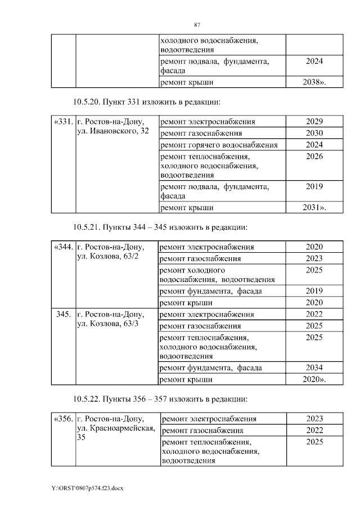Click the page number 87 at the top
(197, 25)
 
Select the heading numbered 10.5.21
(160, 227)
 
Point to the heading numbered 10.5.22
(160, 399)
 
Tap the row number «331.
(64, 122)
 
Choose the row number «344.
(64, 247)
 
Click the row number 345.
(64, 314)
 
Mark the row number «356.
(64, 419)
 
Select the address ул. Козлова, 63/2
(107, 257)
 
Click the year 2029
(314, 122)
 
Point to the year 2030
(314, 133)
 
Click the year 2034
(314, 368)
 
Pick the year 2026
(314, 156)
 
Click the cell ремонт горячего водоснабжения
(219, 145)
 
